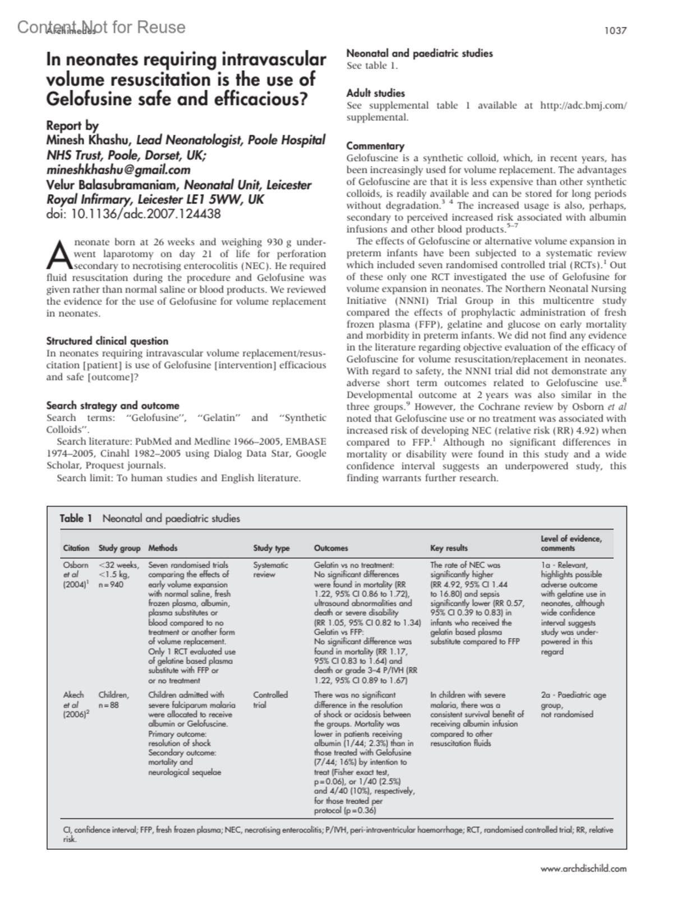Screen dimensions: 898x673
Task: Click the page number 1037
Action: (x=615, y=31)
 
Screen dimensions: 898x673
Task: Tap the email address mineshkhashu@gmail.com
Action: (x=118, y=170)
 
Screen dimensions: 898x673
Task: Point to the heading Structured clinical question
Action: (x=107, y=341)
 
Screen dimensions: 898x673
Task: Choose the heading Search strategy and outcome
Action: (x=113, y=406)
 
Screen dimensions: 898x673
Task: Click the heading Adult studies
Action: (x=375, y=93)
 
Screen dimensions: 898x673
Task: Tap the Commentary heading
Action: (x=375, y=146)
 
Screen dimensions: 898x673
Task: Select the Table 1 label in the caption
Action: (x=76, y=519)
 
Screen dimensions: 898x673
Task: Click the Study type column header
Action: (x=271, y=548)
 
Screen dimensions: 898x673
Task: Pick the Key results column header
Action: (x=449, y=548)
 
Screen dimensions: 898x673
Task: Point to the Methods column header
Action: (x=163, y=548)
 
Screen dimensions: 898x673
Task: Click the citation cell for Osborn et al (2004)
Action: (x=75, y=575)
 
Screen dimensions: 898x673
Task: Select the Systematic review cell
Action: (x=270, y=570)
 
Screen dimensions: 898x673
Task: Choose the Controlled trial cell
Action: (x=270, y=699)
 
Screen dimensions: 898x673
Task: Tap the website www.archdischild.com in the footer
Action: (x=583, y=869)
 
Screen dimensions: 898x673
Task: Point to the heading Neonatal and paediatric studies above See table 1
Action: (x=420, y=54)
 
